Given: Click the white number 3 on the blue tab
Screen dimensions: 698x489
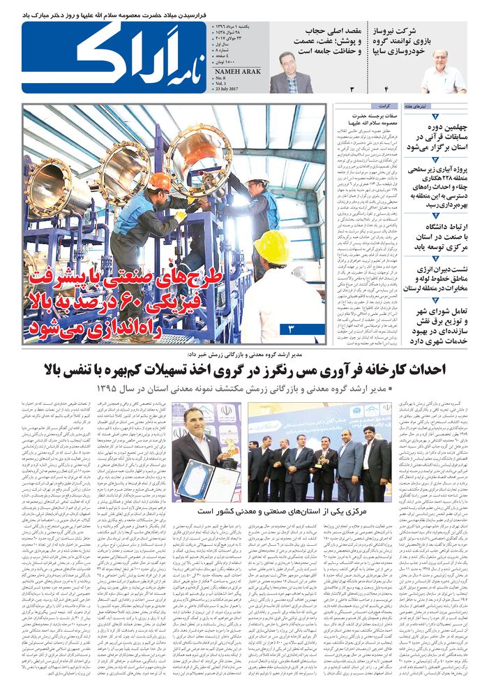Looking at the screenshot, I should [291, 328].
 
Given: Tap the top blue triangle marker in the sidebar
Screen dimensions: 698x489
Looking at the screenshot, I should [435, 117].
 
